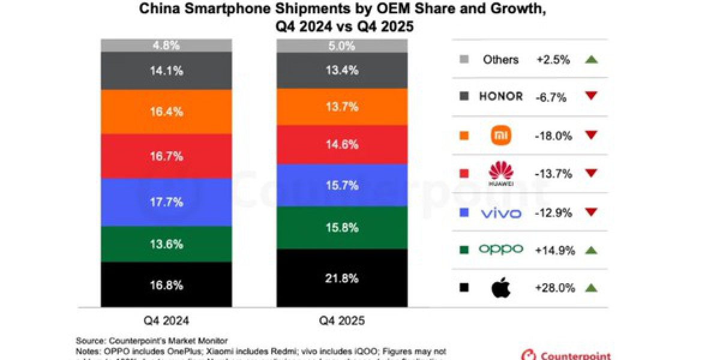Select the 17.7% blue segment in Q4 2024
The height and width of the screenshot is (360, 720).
(x=166, y=202)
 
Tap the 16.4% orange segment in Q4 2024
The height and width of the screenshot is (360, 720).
(x=166, y=112)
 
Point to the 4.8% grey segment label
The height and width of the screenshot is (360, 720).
(x=166, y=46)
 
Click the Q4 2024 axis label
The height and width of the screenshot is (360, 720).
(x=166, y=321)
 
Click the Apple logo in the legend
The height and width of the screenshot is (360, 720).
(x=501, y=288)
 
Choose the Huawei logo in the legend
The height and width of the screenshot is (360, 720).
(x=501, y=174)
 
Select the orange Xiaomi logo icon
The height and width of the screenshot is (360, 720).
(x=502, y=135)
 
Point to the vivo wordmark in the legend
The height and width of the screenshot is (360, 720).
(x=501, y=213)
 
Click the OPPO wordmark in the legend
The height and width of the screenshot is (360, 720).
(x=501, y=250)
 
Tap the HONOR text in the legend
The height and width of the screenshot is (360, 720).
(x=501, y=96)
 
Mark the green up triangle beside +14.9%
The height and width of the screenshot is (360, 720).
(x=591, y=250)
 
